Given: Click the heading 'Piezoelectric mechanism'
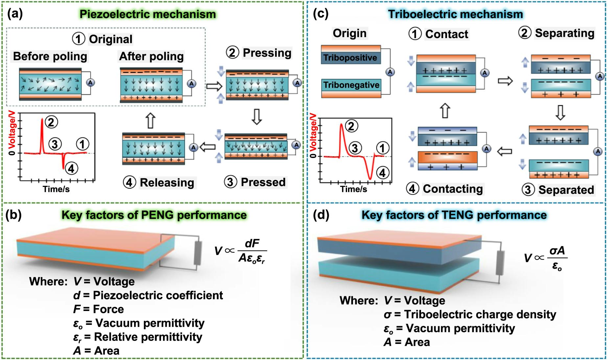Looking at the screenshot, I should [148, 14].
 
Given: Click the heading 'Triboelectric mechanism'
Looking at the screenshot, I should [455, 14].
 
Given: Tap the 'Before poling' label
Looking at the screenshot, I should [50, 56].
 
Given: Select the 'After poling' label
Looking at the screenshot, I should [151, 56].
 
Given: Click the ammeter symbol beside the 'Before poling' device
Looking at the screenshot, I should [90, 82].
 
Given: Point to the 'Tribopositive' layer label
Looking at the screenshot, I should [350, 58].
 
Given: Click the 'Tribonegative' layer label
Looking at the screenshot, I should [351, 85].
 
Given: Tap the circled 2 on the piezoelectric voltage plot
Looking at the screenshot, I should [51, 122].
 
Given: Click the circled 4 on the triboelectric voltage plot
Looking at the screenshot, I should [382, 173].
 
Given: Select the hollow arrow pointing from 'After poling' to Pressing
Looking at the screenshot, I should [214, 86].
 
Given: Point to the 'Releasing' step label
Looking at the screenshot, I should [167, 183].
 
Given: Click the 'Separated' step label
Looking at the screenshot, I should [566, 190].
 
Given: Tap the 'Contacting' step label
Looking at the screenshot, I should [453, 189].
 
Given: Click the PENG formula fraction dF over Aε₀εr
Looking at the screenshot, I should [252, 251].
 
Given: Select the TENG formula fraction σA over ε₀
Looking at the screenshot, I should [557, 258].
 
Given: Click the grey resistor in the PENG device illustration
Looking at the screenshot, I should [197, 253].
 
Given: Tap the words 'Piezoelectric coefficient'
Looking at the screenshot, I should [158, 295].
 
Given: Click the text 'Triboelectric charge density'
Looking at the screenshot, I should [480, 314].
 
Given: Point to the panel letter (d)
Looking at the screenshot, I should [321, 215].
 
